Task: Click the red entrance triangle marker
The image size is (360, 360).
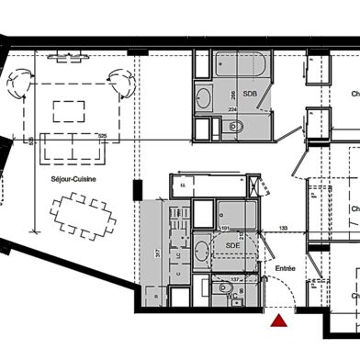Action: point(278,320)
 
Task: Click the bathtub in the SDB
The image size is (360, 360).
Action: point(241,65)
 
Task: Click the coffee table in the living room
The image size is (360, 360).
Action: point(70,110)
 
